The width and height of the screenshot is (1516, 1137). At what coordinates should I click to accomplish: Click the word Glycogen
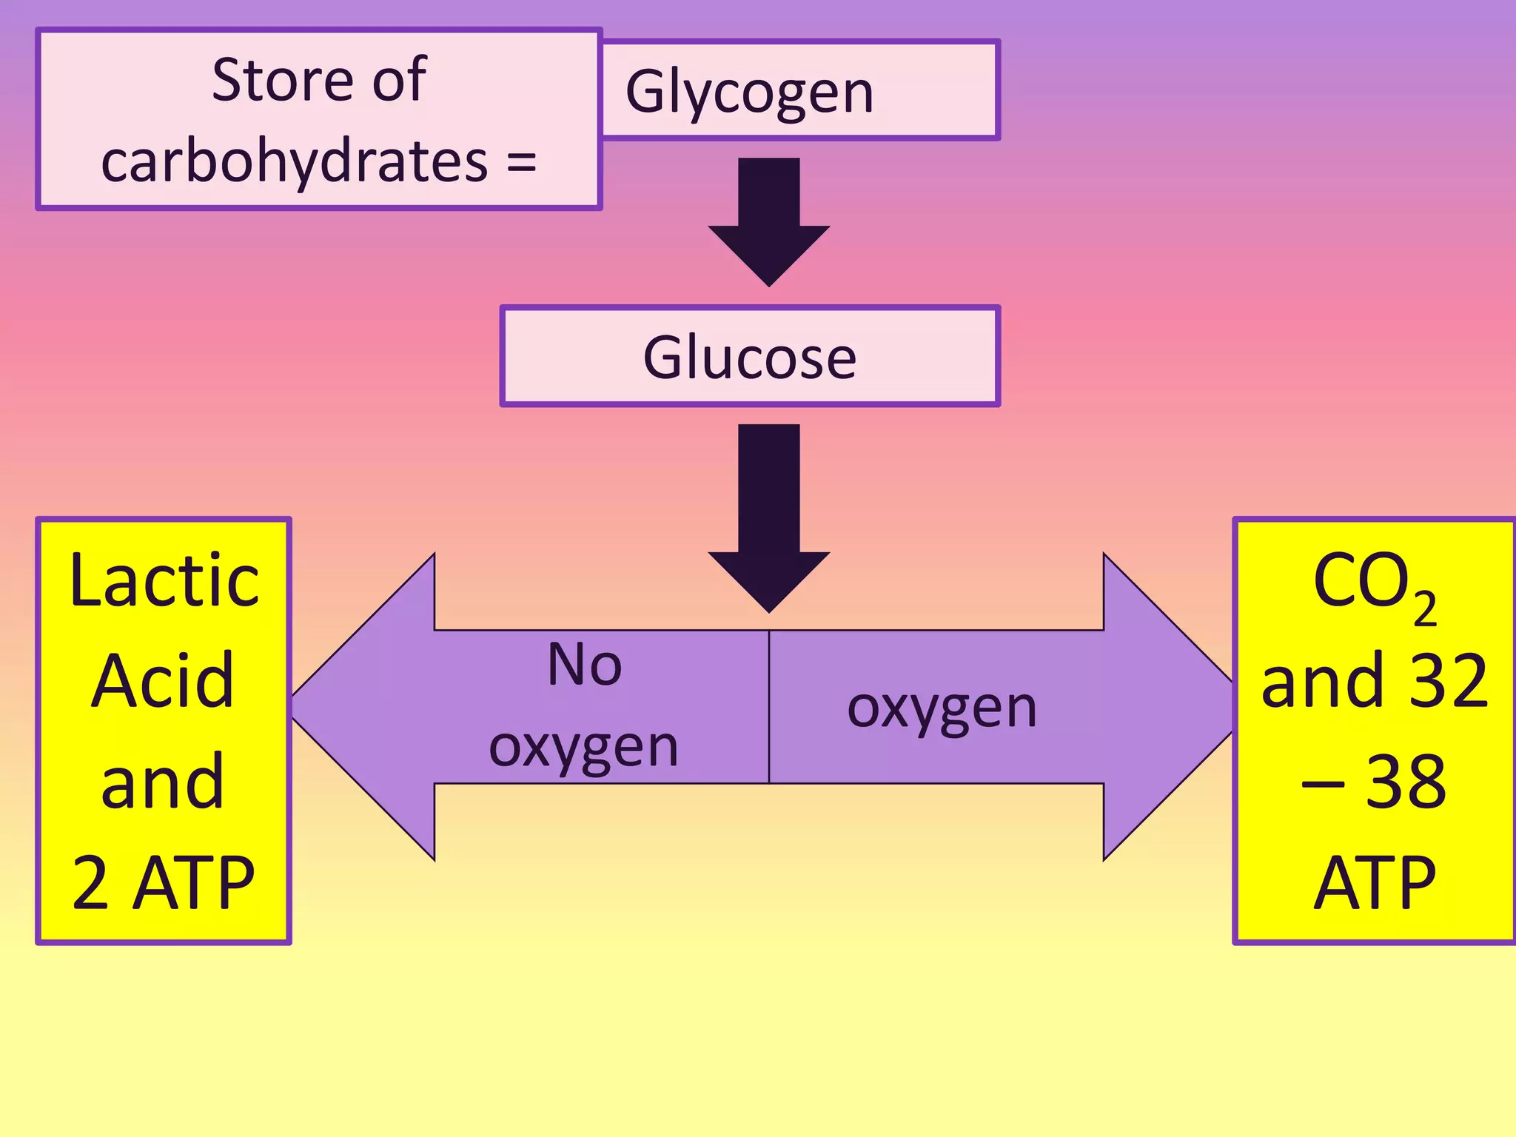(x=749, y=92)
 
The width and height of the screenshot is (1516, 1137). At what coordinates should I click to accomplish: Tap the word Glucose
(x=749, y=358)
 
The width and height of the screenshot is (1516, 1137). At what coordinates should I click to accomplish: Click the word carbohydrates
(x=294, y=161)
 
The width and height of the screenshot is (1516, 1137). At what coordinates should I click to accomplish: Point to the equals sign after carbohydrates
(x=522, y=161)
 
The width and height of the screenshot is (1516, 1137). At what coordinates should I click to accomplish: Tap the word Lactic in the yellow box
(x=164, y=581)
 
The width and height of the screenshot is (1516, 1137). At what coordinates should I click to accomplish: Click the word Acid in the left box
(x=162, y=681)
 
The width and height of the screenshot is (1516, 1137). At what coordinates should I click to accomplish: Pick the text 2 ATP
(x=163, y=882)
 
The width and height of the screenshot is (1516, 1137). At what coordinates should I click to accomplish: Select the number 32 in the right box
(x=1448, y=681)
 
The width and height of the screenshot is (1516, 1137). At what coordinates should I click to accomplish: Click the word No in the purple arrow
(x=584, y=664)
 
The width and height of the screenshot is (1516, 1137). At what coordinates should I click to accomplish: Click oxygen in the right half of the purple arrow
(x=942, y=708)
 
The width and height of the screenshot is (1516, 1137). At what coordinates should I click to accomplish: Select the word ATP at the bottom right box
(x=1374, y=882)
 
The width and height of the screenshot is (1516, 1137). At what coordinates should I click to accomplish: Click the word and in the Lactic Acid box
(x=162, y=782)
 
